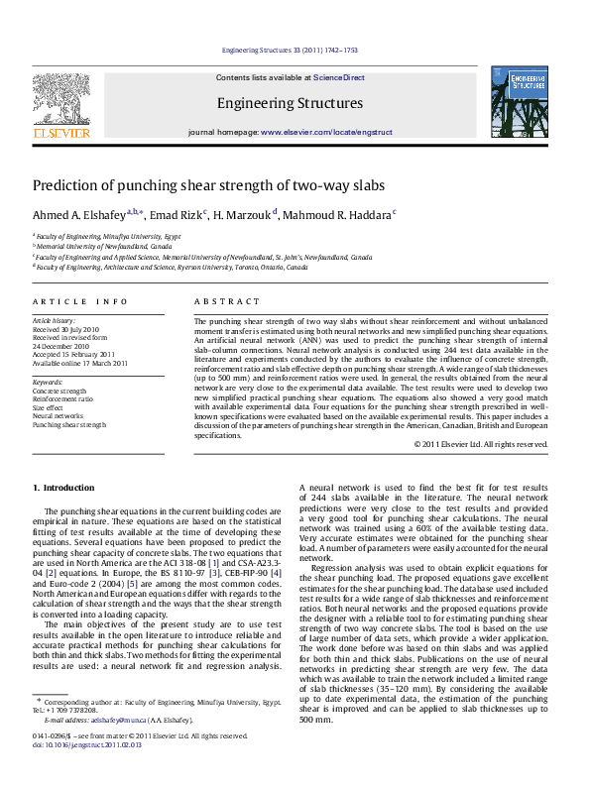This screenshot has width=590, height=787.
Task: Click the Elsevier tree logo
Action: pyautogui.click(x=61, y=99)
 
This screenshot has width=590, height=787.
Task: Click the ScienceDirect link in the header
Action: pyautogui.click(x=339, y=77)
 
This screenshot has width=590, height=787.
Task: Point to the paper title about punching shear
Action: pyautogui.click(x=222, y=185)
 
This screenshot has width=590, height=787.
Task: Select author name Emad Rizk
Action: pyautogui.click(x=177, y=214)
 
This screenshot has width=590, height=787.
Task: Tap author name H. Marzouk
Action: pyautogui.click(x=244, y=214)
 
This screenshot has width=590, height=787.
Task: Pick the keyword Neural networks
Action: pyautogui.click(x=62, y=415)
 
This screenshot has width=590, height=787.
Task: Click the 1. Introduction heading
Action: pyautogui.click(x=64, y=488)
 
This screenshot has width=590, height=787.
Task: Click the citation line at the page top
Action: pyautogui.click(x=290, y=50)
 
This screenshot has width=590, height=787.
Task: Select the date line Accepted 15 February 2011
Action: pyautogui.click(x=74, y=354)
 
